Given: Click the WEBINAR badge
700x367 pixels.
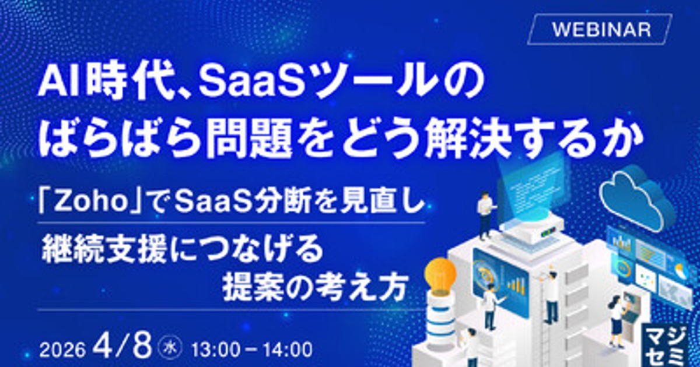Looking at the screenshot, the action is tap(600, 30).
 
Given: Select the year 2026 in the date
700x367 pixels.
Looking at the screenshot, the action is tap(62, 350).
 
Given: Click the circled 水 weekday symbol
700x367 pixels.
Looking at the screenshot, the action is tap(171, 348).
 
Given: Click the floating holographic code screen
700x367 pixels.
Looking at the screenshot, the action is tap(531, 184).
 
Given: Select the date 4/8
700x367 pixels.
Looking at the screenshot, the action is tap(123, 347).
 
